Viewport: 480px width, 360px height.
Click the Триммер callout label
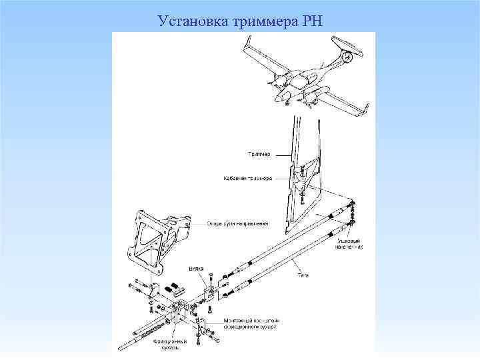tap(258, 154)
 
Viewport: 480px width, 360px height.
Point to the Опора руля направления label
tap(237, 224)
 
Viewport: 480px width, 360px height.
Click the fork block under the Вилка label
tap(211, 291)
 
